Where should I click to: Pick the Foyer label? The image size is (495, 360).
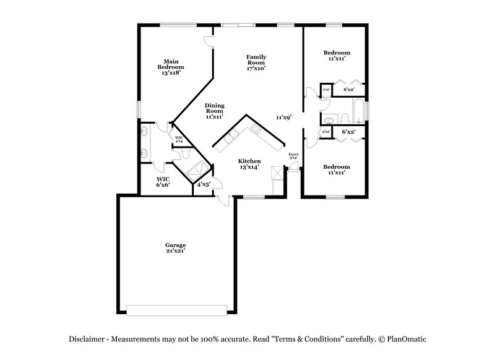click(x=293, y=156)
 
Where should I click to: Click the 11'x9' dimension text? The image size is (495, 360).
click(x=283, y=116)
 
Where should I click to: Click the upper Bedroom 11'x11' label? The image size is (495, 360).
click(x=337, y=56)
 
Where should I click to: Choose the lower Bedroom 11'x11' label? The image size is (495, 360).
click(x=337, y=169)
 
